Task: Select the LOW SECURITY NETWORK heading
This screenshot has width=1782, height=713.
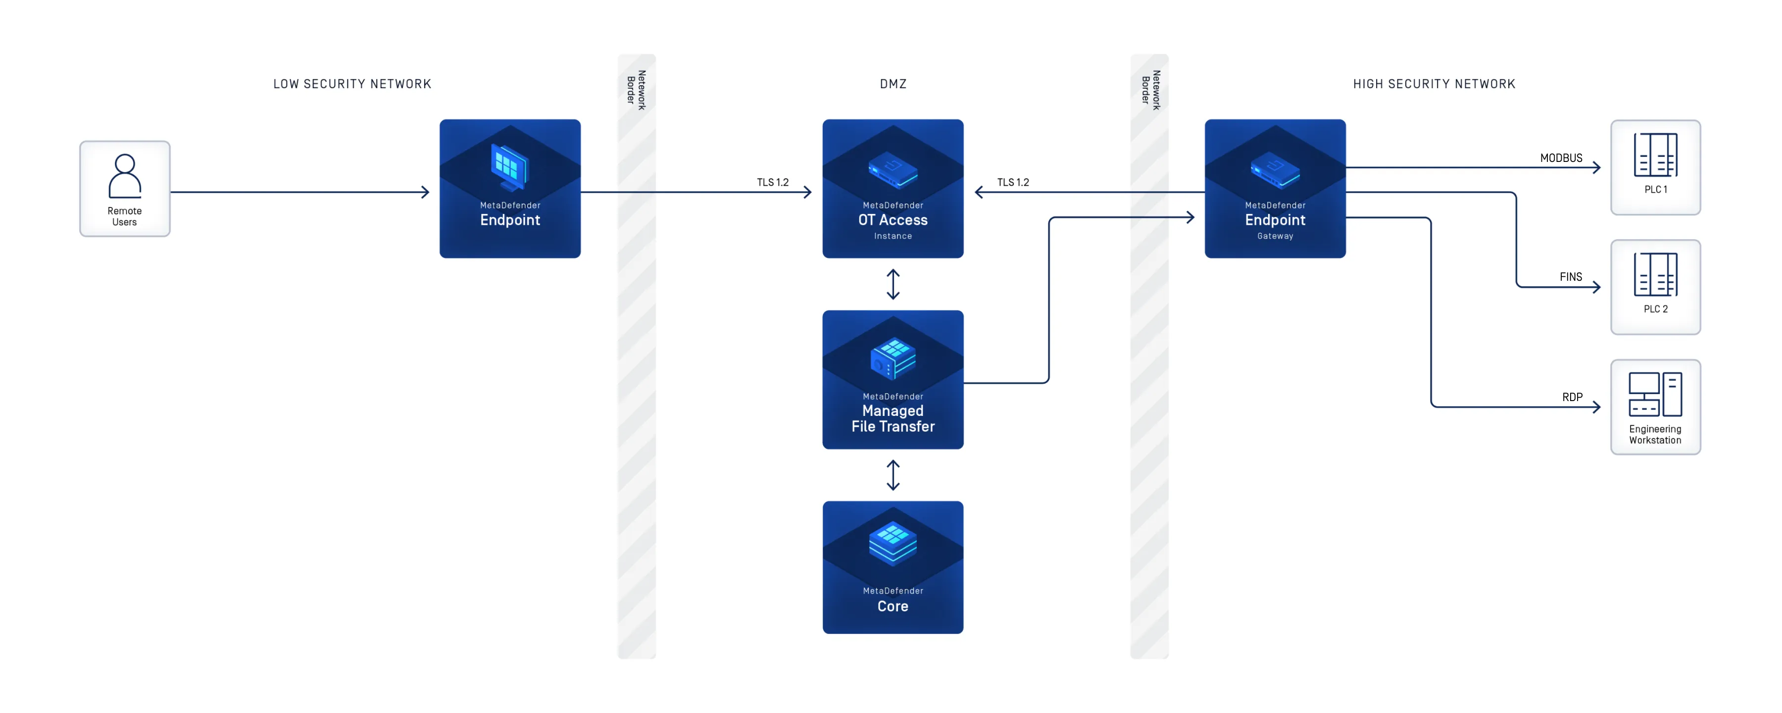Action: pos(352,84)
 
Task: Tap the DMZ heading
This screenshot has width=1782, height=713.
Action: pos(892,84)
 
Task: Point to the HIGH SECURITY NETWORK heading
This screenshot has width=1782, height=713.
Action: pos(1434,84)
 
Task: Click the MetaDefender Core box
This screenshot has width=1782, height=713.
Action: pos(892,567)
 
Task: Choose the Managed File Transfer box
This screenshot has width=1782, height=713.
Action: pos(892,379)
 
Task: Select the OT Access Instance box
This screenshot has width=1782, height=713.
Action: pos(892,188)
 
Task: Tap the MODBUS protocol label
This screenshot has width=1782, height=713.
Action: pos(1561,158)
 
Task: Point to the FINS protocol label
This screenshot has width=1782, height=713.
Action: pos(1570,277)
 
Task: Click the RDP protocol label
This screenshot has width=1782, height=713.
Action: pos(1572,397)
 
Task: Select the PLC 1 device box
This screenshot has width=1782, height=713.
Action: pos(1655,167)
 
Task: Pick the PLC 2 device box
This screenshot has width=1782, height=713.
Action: pos(1655,287)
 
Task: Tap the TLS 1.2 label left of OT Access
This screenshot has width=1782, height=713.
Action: pos(772,182)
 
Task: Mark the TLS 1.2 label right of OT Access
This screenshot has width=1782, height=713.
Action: pos(1013,182)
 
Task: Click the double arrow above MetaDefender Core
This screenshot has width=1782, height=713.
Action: pos(892,475)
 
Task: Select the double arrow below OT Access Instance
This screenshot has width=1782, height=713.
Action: pos(892,284)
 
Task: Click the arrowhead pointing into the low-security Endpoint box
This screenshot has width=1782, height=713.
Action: pos(425,192)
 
